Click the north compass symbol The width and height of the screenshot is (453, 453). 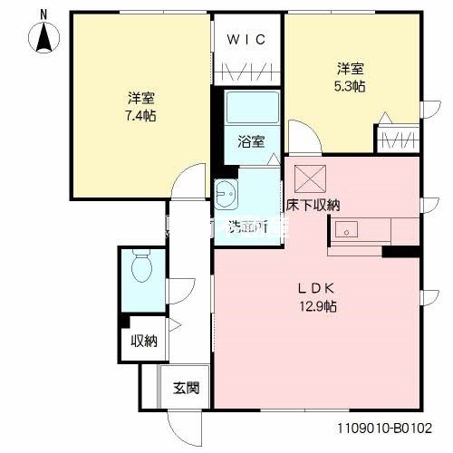[x=43, y=36]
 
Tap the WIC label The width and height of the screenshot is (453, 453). [x=247, y=40]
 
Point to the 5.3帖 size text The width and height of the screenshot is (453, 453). [x=352, y=86]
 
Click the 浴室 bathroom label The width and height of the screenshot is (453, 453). [x=251, y=141]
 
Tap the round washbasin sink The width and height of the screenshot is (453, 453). [x=226, y=192]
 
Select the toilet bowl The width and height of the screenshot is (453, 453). [x=141, y=266]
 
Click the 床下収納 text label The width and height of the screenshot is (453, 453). [x=313, y=206]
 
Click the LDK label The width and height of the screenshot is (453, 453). [x=318, y=288]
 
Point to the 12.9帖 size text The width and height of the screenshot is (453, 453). [x=318, y=306]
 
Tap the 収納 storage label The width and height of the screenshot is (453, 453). [x=144, y=342]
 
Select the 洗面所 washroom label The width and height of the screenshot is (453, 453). [x=246, y=226]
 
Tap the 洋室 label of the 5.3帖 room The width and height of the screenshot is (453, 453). [x=352, y=68]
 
